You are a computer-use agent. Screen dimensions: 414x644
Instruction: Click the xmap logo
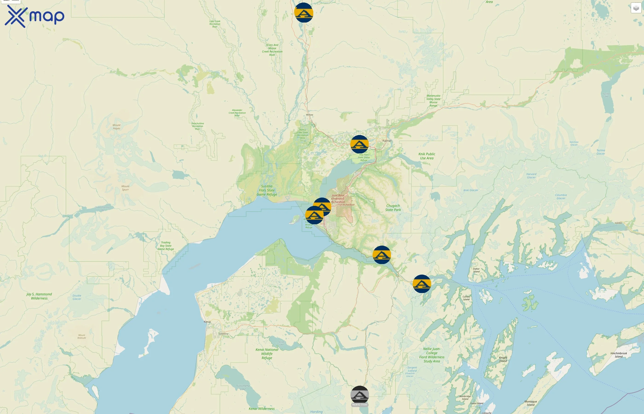coord(34,16)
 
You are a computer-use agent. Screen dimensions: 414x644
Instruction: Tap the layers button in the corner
coord(636,8)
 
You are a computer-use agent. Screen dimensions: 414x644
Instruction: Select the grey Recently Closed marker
coord(360,395)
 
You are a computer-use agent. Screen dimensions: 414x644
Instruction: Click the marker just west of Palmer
coord(359,144)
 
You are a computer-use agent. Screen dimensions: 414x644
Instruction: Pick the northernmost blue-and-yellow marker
coord(304,12)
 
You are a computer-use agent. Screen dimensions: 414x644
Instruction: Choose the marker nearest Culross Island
coord(422,284)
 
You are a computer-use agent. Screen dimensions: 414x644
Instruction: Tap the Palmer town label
coord(387,141)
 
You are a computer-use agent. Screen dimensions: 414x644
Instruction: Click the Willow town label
coord(309,115)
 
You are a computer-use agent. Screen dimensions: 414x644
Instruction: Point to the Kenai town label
coord(207,322)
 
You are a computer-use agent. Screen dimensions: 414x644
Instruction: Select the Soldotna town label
coord(223,334)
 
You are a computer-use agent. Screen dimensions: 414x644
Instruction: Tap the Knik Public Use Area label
coord(427,156)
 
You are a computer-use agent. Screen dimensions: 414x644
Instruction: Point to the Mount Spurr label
coord(125,188)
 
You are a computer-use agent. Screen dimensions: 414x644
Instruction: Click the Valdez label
coord(618,223)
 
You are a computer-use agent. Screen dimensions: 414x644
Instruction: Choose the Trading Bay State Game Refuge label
coord(166,246)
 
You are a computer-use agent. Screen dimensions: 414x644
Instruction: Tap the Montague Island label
coord(531,403)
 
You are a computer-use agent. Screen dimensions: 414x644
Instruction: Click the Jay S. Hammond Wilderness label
coord(39,296)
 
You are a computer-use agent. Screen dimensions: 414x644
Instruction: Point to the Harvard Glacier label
coord(531,176)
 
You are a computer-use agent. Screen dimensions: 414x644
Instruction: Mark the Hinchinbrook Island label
coord(618,355)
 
